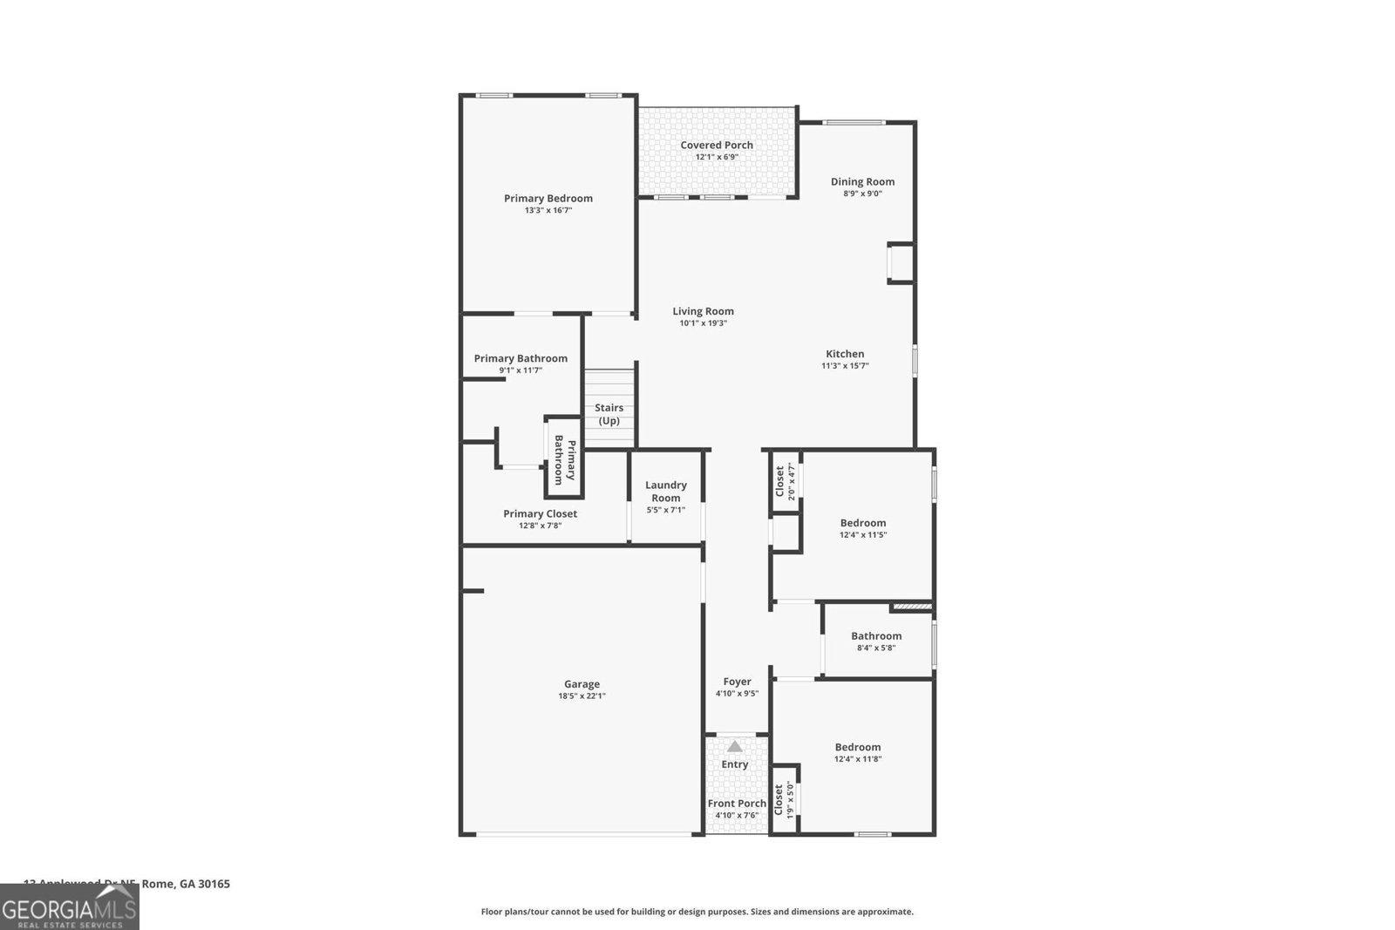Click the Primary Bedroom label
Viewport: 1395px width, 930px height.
pyautogui.click(x=548, y=199)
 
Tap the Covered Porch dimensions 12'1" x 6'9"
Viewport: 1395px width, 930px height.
pyautogui.click(x=717, y=158)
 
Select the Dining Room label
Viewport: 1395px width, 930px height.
pyautogui.click(x=862, y=182)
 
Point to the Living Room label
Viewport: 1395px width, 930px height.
pyautogui.click(x=703, y=311)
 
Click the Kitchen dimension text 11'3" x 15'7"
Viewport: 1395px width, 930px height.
pyautogui.click(x=845, y=366)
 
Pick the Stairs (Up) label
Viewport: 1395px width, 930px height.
pyautogui.click(x=609, y=414)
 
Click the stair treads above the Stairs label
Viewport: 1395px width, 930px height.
pyautogui.click(x=609, y=384)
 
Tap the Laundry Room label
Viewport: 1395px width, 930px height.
pyautogui.click(x=665, y=491)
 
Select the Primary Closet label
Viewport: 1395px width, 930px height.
pyautogui.click(x=540, y=514)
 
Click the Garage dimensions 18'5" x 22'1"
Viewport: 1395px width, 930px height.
pyautogui.click(x=582, y=696)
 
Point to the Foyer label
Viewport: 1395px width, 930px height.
pyautogui.click(x=737, y=682)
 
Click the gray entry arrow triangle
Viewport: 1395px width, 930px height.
pyautogui.click(x=735, y=746)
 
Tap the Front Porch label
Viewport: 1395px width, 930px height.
pyautogui.click(x=737, y=804)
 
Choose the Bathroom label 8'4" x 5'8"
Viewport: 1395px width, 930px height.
pyautogui.click(x=876, y=636)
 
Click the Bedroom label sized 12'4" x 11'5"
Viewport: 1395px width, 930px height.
pyautogui.click(x=862, y=523)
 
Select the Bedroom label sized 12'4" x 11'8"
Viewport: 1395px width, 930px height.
pyautogui.click(x=857, y=747)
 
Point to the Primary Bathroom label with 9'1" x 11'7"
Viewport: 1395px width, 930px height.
pyautogui.click(x=521, y=358)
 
